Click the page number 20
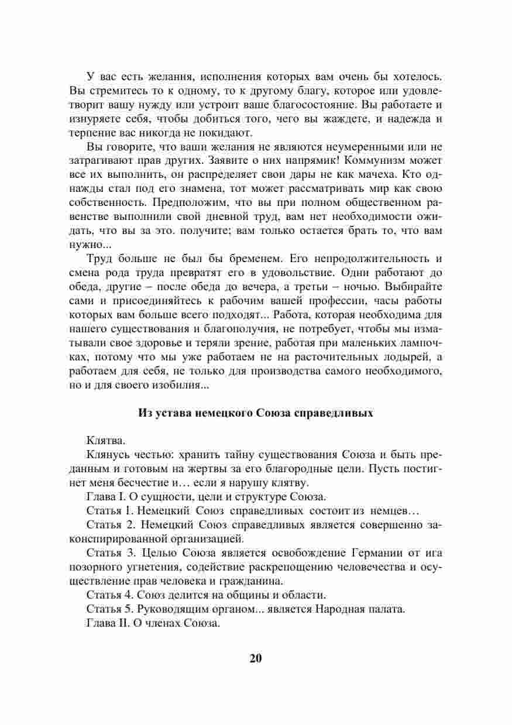[x=256, y=658]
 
